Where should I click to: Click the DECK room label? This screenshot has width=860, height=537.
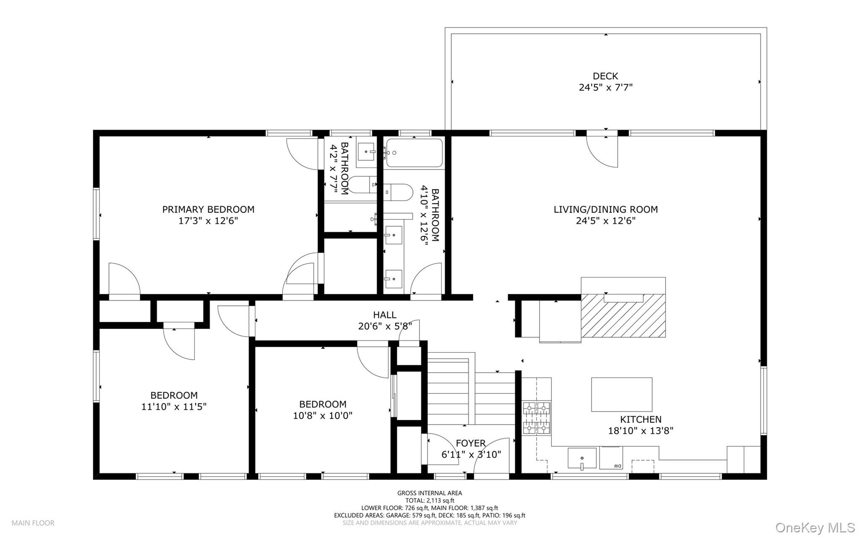605,76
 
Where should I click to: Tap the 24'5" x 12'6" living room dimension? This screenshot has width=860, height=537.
606,221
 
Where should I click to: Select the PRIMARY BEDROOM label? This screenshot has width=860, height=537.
208,209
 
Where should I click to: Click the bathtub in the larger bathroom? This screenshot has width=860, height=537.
414,153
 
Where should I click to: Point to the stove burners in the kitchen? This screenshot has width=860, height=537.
537,418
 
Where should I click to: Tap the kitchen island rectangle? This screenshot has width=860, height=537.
621,394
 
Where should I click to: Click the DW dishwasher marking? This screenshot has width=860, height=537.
617,466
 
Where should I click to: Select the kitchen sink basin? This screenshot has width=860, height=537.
582,458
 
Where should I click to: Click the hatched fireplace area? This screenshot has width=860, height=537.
623,315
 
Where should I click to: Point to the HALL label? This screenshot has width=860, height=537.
385,314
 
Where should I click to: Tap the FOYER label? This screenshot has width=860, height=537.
471,443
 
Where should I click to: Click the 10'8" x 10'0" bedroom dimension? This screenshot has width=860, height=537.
322,416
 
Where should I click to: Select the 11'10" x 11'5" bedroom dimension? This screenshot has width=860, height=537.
174,406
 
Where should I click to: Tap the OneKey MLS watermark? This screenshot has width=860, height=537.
815,527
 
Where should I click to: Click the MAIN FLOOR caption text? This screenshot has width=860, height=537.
33,523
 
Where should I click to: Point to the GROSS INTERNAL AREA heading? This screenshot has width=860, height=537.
430,493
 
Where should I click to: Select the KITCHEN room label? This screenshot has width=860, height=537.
641,419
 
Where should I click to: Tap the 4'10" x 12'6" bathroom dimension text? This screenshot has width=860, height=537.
430,215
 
